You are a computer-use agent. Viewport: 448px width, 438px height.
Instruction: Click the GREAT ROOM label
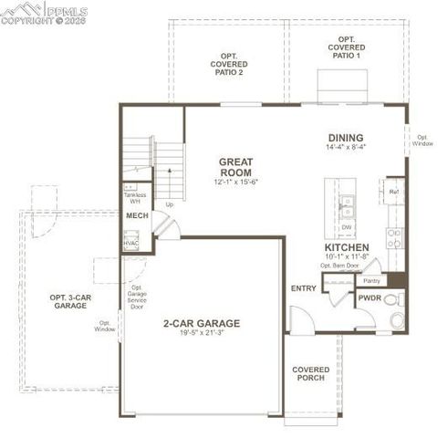click(235, 167)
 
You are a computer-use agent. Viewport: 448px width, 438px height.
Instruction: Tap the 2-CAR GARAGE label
click(201, 323)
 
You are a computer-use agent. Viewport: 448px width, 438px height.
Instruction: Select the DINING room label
click(346, 138)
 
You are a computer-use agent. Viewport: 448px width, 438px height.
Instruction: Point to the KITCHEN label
click(346, 247)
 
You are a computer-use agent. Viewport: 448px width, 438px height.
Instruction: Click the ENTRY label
click(303, 288)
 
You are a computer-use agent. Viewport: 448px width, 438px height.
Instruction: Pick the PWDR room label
click(370, 297)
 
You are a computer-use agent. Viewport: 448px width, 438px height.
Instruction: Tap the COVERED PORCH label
click(310, 374)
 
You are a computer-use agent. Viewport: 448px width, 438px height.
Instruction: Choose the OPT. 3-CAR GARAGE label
click(69, 301)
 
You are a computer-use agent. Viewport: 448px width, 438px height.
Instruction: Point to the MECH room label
click(136, 216)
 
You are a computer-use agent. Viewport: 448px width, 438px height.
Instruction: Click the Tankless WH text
click(134, 198)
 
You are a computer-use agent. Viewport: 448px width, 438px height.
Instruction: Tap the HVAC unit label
click(130, 244)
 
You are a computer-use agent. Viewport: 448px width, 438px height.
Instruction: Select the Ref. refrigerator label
click(393, 193)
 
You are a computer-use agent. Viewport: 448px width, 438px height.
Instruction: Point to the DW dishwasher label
click(347, 227)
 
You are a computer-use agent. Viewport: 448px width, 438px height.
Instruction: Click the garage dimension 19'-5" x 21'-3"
click(201, 334)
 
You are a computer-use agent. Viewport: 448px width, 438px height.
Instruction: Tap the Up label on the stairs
click(170, 204)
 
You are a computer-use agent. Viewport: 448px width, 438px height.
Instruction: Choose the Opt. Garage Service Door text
click(137, 297)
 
